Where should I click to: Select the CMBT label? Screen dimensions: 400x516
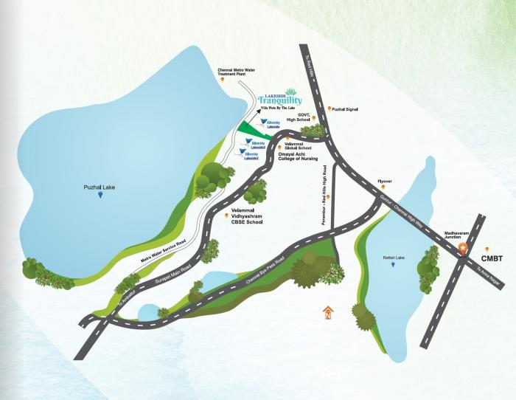coord(492,259)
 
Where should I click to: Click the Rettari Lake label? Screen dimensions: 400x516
coord(394,258)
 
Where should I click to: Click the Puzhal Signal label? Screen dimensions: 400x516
coord(344,109)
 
